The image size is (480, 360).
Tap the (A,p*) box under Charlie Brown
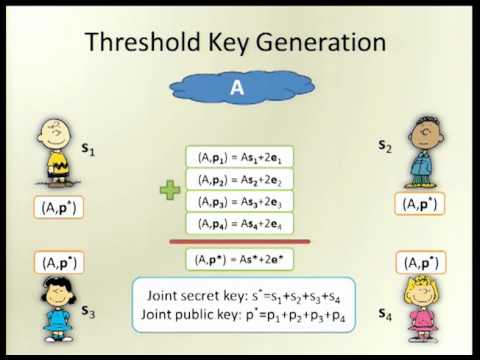63,207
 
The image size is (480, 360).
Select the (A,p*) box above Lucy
63,262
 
